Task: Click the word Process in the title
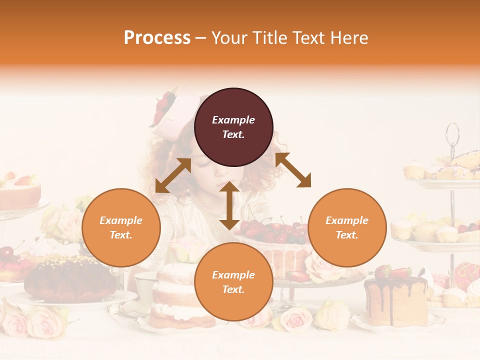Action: tap(157, 38)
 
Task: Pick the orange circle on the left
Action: tap(121, 227)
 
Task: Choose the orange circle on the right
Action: tap(347, 227)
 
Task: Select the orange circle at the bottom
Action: tap(233, 282)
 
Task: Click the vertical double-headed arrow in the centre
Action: tap(229, 205)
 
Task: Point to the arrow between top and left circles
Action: tap(173, 175)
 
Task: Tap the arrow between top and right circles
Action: tap(293, 170)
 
